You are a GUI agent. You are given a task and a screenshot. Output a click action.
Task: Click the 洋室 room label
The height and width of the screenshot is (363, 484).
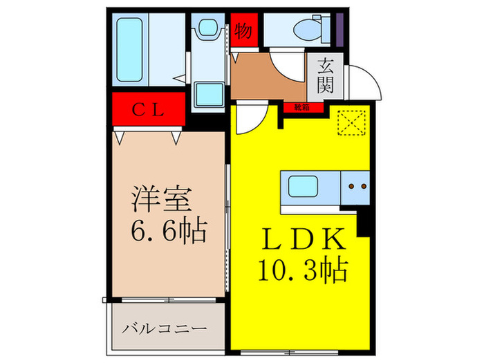coord(163,199)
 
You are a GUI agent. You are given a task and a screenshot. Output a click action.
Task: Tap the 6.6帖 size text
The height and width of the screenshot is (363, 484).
coord(169,230)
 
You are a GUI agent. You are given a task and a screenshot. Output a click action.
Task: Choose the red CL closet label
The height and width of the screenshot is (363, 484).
coord(149,108)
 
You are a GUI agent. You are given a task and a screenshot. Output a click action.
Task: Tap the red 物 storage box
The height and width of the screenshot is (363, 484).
coord(243,30)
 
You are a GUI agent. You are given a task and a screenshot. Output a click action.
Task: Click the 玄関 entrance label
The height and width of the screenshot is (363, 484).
coord(326,75)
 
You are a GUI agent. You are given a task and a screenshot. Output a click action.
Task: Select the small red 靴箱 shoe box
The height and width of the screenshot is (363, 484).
coord(301,107)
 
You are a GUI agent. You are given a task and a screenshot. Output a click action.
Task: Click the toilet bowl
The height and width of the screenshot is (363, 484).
coord(305,30)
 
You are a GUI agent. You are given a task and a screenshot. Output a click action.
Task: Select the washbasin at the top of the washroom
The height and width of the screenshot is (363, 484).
coord(207,29)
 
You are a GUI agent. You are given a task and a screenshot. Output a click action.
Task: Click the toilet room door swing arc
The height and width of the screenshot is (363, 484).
coord(286,66)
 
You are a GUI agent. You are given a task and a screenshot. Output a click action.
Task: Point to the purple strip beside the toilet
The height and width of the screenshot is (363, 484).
coord(340,28)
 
